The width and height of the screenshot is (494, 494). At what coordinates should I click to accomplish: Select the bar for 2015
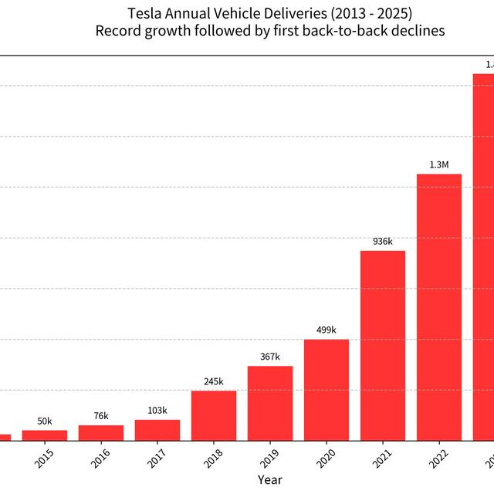point(45,435)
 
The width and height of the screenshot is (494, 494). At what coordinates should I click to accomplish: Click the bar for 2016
point(101,433)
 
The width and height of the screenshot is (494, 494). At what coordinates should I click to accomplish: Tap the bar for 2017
point(157,430)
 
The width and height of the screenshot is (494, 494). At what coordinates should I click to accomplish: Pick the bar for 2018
point(214,416)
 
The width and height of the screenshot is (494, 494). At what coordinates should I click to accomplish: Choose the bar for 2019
point(270,403)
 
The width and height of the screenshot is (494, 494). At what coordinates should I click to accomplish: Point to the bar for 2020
point(327,390)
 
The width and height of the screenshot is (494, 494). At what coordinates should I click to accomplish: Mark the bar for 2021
point(383,345)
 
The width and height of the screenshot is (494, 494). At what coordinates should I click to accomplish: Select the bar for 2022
point(439,307)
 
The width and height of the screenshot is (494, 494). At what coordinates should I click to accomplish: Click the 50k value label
point(45,421)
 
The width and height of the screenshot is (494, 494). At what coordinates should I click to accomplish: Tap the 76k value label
point(101,416)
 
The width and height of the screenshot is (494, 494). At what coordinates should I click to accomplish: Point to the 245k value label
point(214,381)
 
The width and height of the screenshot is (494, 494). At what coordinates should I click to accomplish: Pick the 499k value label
point(327,330)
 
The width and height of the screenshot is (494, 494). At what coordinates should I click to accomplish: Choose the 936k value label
point(383,241)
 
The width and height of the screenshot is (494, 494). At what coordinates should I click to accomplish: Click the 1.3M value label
point(439,164)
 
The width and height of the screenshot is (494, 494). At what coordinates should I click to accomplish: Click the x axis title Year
point(270,480)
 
